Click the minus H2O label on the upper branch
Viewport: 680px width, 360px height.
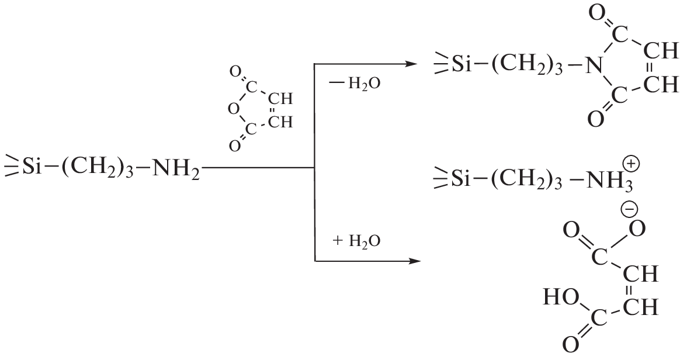pyautogui.click(x=355, y=83)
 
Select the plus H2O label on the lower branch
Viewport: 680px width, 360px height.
pyautogui.click(x=356, y=240)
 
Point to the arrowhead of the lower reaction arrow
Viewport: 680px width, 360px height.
pyautogui.click(x=415, y=261)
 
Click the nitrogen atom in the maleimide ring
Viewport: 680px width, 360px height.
pyautogui.click(x=594, y=67)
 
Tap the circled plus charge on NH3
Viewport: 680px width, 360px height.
pyautogui.click(x=631, y=164)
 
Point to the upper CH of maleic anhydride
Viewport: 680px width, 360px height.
pyautogui.click(x=280, y=99)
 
